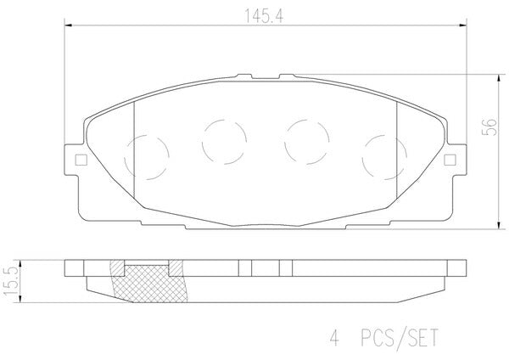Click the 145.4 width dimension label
264,16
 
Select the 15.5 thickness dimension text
10,282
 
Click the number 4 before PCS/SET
334,338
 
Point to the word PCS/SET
400,338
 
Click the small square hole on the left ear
81,160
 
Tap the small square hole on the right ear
450,160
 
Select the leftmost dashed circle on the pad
147,158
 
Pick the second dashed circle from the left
224,142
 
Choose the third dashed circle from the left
307,142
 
